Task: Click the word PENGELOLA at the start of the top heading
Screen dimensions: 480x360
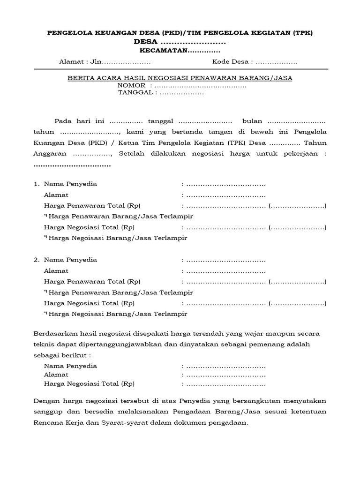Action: pos(65,32)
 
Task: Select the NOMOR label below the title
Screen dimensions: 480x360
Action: pos(132,86)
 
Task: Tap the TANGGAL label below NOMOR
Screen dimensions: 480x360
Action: pos(135,93)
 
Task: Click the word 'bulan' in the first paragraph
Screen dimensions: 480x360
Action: pos(252,120)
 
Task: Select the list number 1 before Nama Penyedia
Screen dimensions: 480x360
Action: pos(36,184)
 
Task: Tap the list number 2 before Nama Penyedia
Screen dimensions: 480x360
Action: pos(36,260)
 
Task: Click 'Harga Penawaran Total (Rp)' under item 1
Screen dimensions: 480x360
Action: pos(92,206)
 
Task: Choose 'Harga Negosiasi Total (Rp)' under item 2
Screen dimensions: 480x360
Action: pos(89,303)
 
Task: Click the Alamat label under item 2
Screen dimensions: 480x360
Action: pos(56,271)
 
